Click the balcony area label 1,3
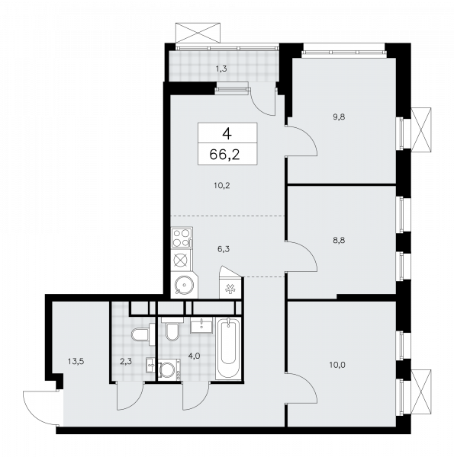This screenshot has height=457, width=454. tap(221, 69)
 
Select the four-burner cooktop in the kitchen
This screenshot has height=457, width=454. tap(182, 236)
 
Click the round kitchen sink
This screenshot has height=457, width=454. tap(182, 286)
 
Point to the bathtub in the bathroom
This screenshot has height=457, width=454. tap(228, 351)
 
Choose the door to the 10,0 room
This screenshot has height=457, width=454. tap(301, 389)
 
